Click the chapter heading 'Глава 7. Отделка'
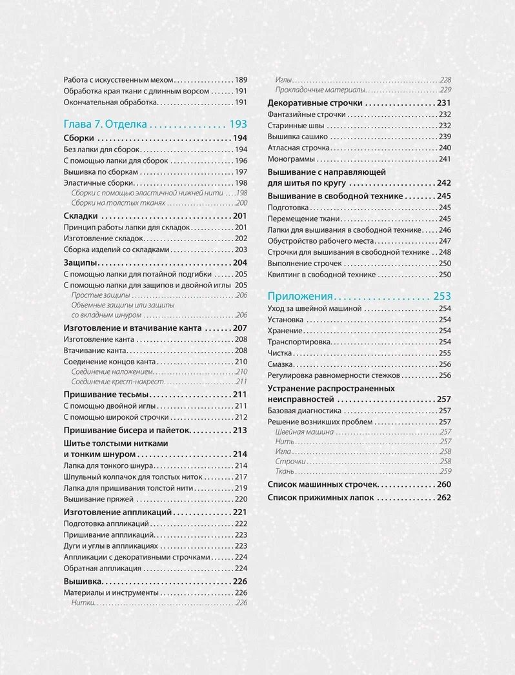tap(106, 124)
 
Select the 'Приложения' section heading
tap(300, 296)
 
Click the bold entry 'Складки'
tap(81, 215)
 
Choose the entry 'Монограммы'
tap(291, 159)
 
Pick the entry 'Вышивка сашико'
tap(298, 137)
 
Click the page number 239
tap(444, 137)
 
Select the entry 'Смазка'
tap(281, 364)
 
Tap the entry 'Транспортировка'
tap(299, 342)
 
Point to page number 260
tap(443, 484)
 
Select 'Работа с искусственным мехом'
tap(119, 80)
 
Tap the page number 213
tap(241, 430)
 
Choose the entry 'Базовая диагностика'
tap(304, 410)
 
